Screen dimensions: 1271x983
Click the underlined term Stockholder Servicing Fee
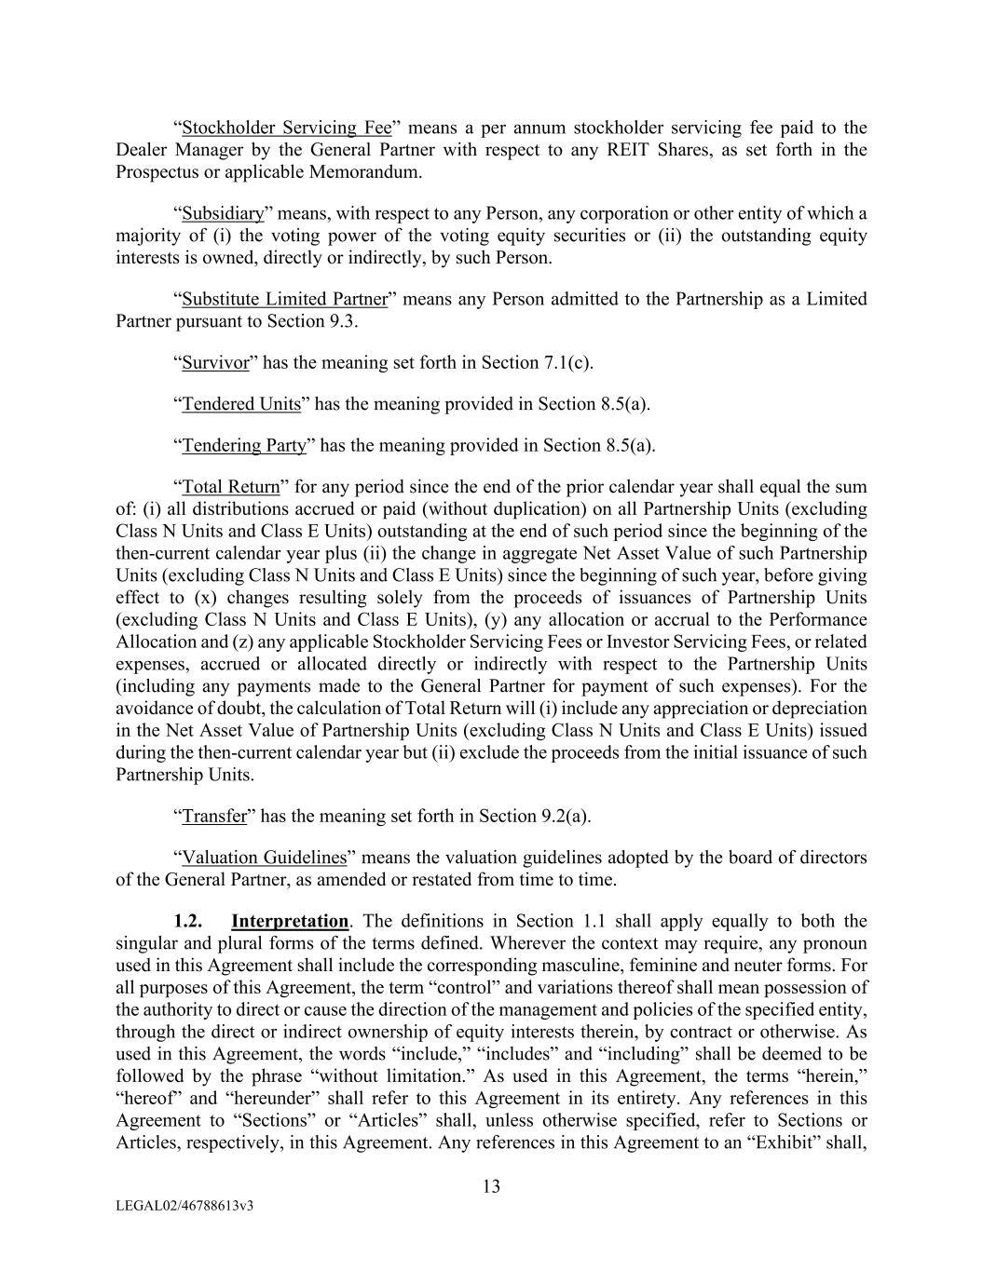click(286, 128)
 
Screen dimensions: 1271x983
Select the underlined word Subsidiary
click(223, 213)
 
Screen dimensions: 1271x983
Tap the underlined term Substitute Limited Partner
click(284, 299)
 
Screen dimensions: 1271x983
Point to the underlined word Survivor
click(215, 362)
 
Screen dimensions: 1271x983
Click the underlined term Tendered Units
click(241, 403)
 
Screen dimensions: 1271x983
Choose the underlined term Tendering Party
click(244, 444)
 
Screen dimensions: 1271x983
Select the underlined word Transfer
click(214, 816)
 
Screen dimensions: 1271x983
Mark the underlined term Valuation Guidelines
click(264, 857)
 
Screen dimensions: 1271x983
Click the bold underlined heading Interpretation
click(290, 921)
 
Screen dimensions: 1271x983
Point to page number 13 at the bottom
click(491, 1186)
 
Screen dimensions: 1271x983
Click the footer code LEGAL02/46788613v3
click(185, 1206)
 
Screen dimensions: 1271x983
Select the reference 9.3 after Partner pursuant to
click(344, 321)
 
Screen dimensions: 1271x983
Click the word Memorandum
click(369, 172)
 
